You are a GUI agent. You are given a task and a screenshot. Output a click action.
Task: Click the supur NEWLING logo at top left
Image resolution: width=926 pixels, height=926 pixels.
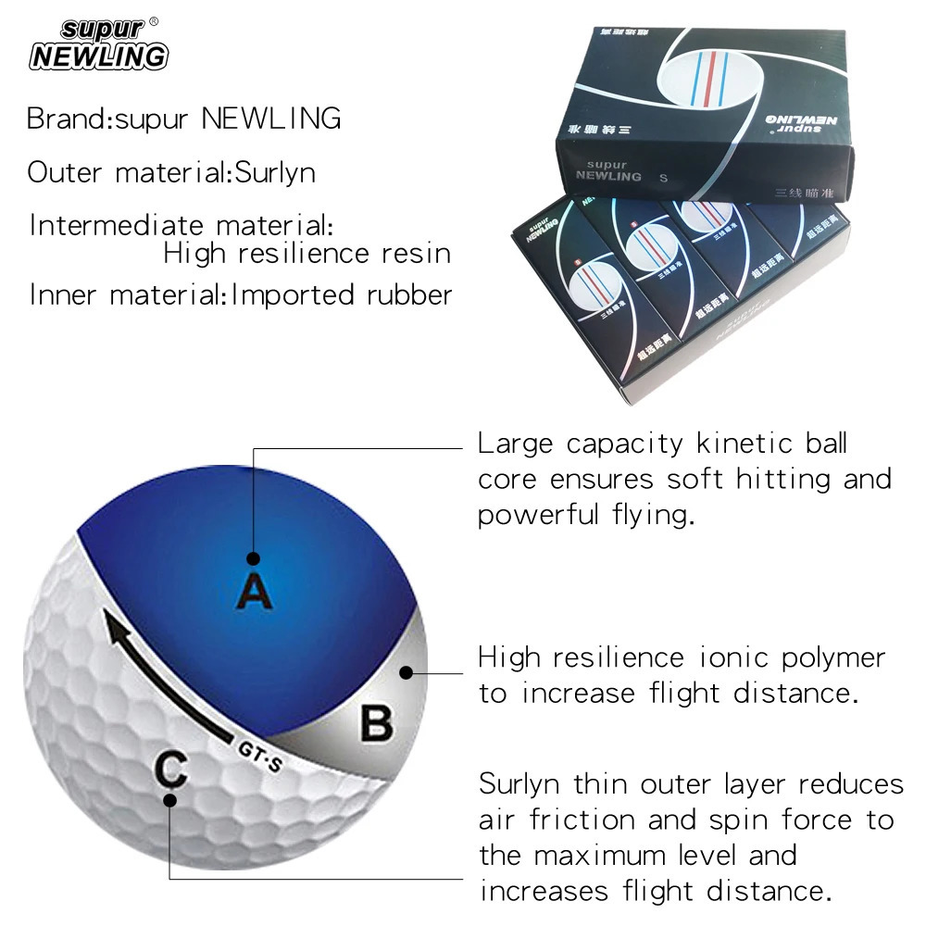99,45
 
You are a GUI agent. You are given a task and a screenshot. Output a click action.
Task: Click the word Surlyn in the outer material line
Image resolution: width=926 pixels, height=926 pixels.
275,172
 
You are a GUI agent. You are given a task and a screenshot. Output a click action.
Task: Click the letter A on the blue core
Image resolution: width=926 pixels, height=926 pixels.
254,590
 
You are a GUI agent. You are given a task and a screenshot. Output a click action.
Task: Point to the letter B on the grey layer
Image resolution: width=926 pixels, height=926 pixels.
376,723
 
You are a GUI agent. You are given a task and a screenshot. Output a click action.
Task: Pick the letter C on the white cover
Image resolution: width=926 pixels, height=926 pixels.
171,768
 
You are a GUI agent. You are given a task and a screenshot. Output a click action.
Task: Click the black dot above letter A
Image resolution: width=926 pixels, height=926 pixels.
254,558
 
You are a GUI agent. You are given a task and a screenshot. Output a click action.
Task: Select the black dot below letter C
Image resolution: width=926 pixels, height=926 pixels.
169,800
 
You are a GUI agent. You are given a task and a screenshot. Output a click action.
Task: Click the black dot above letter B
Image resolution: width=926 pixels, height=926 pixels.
404,673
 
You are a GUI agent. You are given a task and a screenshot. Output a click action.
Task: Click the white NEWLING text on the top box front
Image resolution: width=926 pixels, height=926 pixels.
609,175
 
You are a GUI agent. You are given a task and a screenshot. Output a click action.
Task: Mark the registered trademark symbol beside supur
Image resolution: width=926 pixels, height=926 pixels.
154,20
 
